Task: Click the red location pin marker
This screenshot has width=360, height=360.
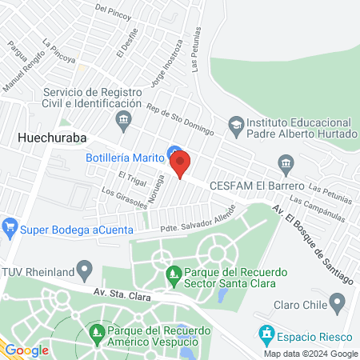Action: click(180, 163)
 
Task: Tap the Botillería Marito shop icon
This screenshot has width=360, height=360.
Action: click(173, 152)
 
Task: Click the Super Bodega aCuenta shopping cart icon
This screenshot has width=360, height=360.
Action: click(10, 226)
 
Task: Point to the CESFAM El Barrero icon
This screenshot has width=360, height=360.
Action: click(286, 164)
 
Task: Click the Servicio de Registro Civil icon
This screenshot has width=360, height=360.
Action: click(124, 122)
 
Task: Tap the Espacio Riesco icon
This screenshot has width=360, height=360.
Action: click(266, 331)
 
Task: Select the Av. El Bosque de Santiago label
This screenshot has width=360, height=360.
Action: click(311, 245)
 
